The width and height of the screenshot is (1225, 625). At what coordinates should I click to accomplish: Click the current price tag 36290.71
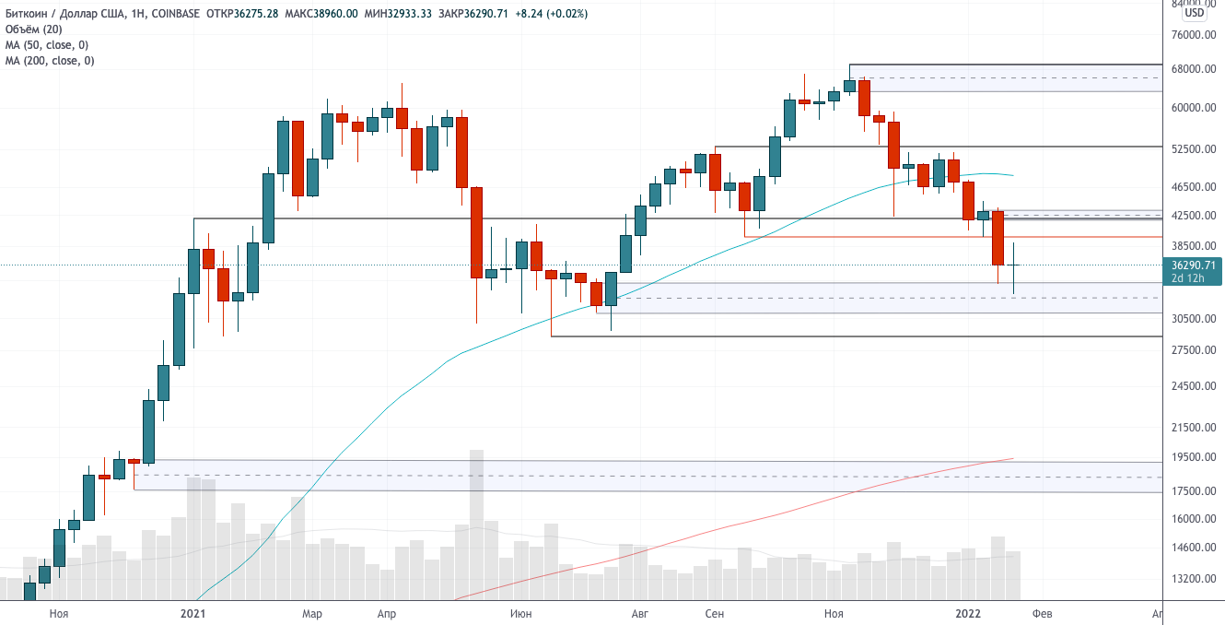click(1191, 265)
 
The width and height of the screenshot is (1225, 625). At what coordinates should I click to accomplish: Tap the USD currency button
click(1195, 13)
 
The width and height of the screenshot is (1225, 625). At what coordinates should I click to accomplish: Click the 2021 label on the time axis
click(192, 613)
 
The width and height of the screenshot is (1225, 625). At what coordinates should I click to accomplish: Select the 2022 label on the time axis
click(968, 613)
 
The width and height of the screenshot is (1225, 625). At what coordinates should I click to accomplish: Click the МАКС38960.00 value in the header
click(321, 14)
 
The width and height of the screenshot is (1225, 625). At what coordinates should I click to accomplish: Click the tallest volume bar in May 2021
click(476, 525)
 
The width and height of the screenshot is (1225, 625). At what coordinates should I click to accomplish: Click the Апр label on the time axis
click(387, 613)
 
